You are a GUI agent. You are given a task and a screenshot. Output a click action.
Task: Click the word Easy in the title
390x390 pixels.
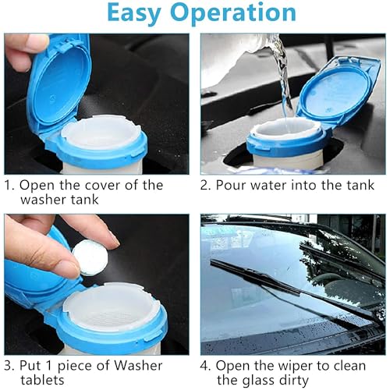pos(138,13)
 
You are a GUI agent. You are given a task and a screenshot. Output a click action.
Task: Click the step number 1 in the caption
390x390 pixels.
pos(9,186)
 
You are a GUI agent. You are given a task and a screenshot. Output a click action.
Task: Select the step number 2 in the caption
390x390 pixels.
pos(206,186)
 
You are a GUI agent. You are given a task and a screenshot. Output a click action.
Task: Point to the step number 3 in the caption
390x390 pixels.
pos(9,365)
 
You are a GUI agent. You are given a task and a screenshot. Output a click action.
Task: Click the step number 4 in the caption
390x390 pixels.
pos(206,365)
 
